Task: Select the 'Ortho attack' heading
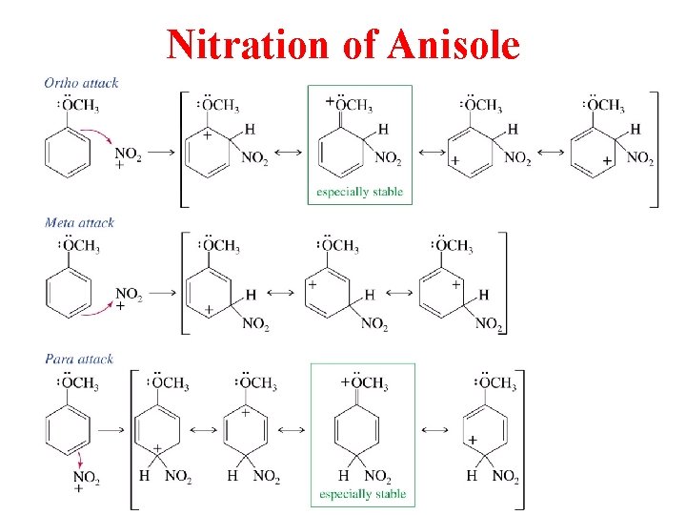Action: click(x=81, y=83)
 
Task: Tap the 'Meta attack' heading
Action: click(x=79, y=222)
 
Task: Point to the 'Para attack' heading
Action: click(x=78, y=360)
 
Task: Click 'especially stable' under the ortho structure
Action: click(x=360, y=192)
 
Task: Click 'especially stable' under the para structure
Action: click(x=362, y=494)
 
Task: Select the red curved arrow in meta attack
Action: click(x=100, y=306)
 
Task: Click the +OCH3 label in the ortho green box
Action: click(x=350, y=104)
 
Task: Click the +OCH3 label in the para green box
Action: click(x=364, y=383)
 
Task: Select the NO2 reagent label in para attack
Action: click(x=86, y=476)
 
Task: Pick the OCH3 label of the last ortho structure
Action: click(x=605, y=105)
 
